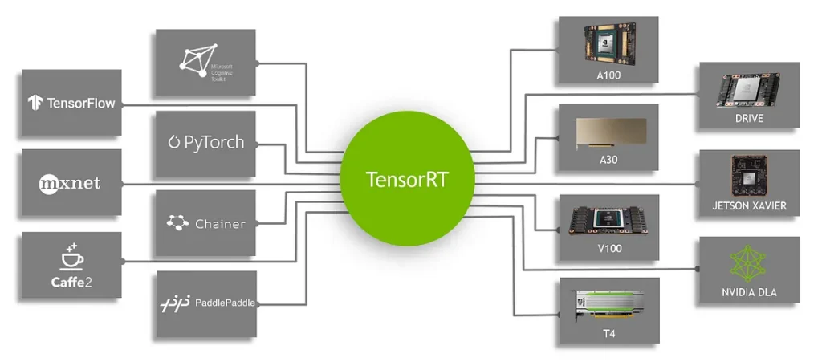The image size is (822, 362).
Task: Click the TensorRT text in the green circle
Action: point(406,178)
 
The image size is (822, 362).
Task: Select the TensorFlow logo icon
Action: point(35,103)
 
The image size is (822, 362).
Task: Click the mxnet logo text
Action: point(70,183)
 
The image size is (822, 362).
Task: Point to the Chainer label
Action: point(219,224)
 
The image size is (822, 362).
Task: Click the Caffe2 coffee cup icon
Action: point(71,255)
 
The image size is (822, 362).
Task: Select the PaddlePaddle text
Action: point(225,303)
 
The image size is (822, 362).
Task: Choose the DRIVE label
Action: point(748,119)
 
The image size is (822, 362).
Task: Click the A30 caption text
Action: point(608,161)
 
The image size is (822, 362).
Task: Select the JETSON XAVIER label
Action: point(749,206)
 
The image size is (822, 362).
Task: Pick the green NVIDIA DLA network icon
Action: point(748,263)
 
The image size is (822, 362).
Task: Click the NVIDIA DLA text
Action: point(749,293)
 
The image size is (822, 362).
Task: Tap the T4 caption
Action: point(608,333)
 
